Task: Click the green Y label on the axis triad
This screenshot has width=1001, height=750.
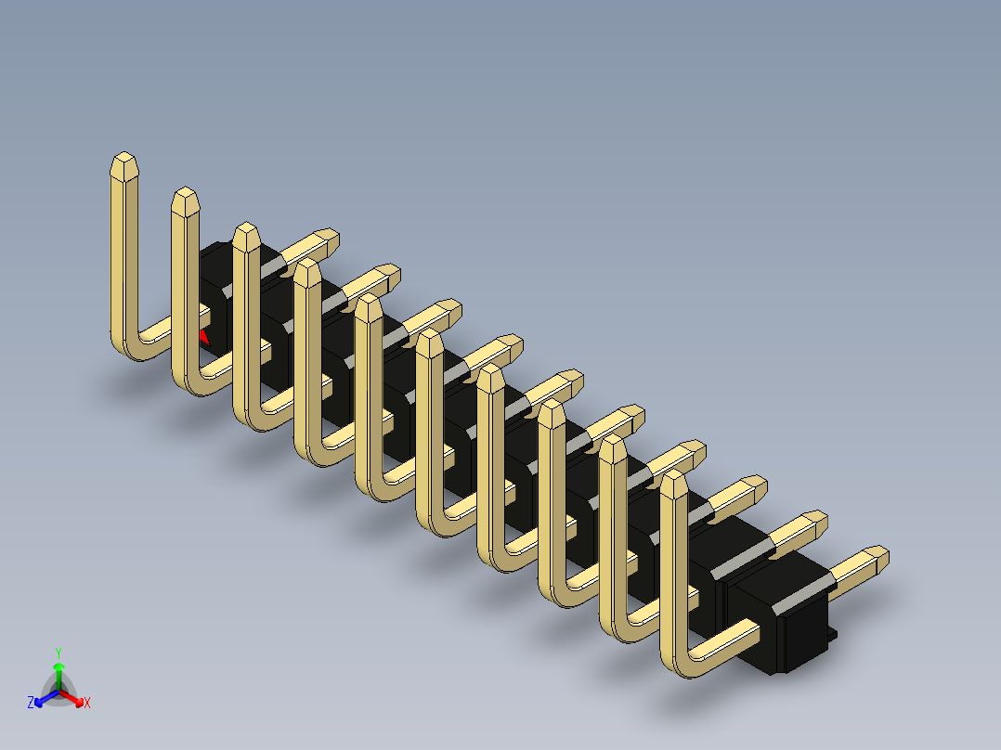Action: coord(58,652)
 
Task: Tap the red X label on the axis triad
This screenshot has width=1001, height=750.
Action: coord(87,703)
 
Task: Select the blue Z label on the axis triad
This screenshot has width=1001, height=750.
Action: coord(31,703)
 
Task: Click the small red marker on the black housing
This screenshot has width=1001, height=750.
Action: coord(203,335)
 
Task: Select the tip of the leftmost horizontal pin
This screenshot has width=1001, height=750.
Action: coord(327,238)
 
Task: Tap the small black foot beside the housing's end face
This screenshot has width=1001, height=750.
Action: coord(832,635)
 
